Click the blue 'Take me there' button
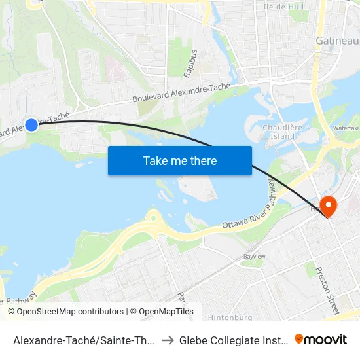tap(179, 161)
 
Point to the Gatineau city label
tap(337, 41)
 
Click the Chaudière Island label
tap(278, 132)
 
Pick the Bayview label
tap(254, 257)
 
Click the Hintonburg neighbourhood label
tap(230, 317)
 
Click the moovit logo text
tap(326, 339)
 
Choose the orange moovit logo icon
tap(299, 339)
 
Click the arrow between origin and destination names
tap(166, 340)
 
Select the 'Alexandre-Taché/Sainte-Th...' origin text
tap(84, 340)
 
